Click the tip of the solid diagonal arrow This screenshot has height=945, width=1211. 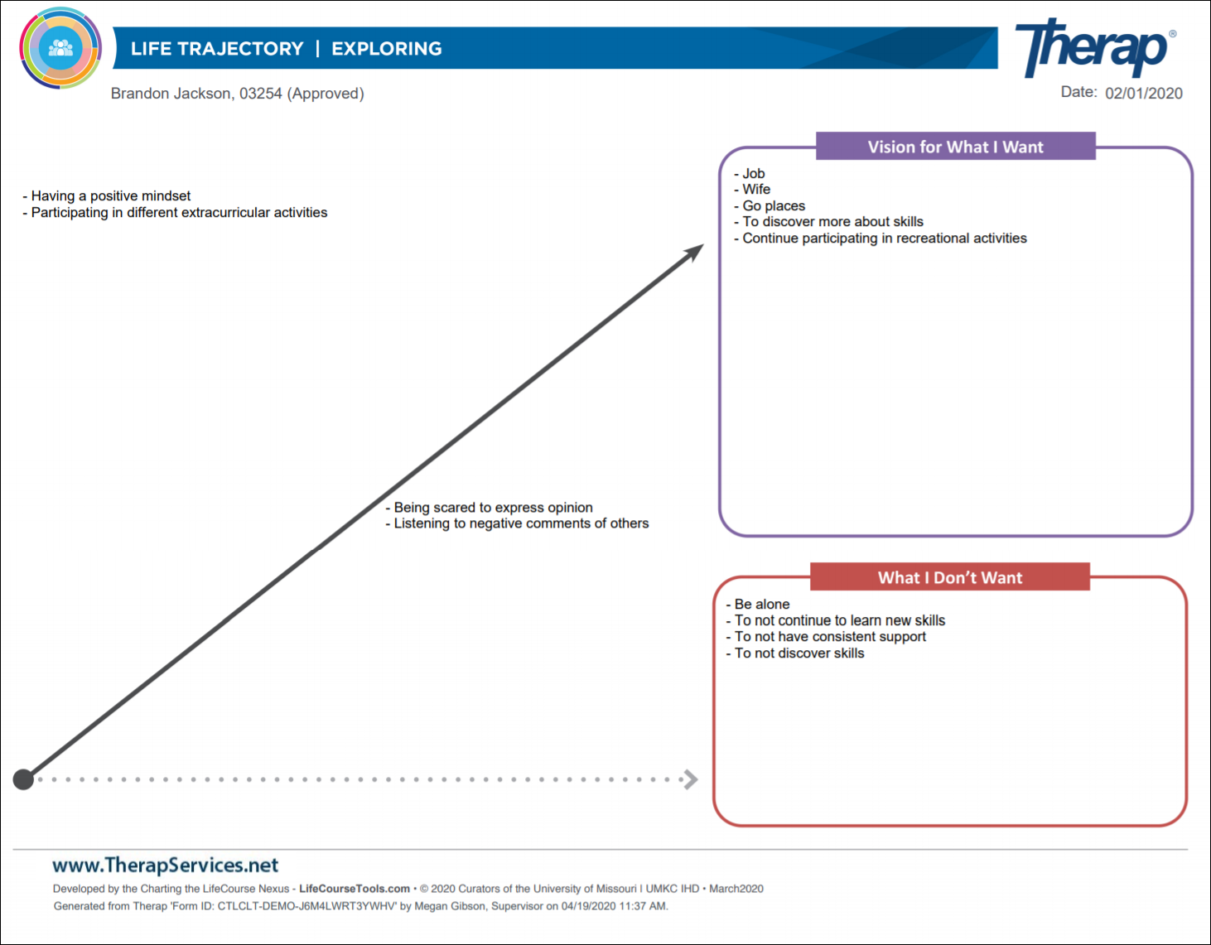[704, 244]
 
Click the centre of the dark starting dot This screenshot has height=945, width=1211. [23, 779]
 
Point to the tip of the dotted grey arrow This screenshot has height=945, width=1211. [697, 779]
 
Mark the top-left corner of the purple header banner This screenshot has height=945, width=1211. [816, 132]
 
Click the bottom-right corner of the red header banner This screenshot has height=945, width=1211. [1090, 590]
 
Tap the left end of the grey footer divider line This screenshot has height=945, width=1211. [12, 850]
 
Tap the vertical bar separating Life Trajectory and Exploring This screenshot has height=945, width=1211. [317, 49]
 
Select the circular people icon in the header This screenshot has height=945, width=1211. [60, 48]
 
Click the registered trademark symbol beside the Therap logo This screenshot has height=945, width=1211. [1173, 33]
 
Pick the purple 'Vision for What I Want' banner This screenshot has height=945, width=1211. [956, 147]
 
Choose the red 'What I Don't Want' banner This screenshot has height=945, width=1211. [949, 576]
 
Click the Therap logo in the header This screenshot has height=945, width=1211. [1096, 47]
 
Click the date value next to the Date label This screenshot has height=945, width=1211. [1144, 93]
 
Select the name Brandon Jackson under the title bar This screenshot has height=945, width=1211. [170, 93]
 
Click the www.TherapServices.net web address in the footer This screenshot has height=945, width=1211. [166, 865]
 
